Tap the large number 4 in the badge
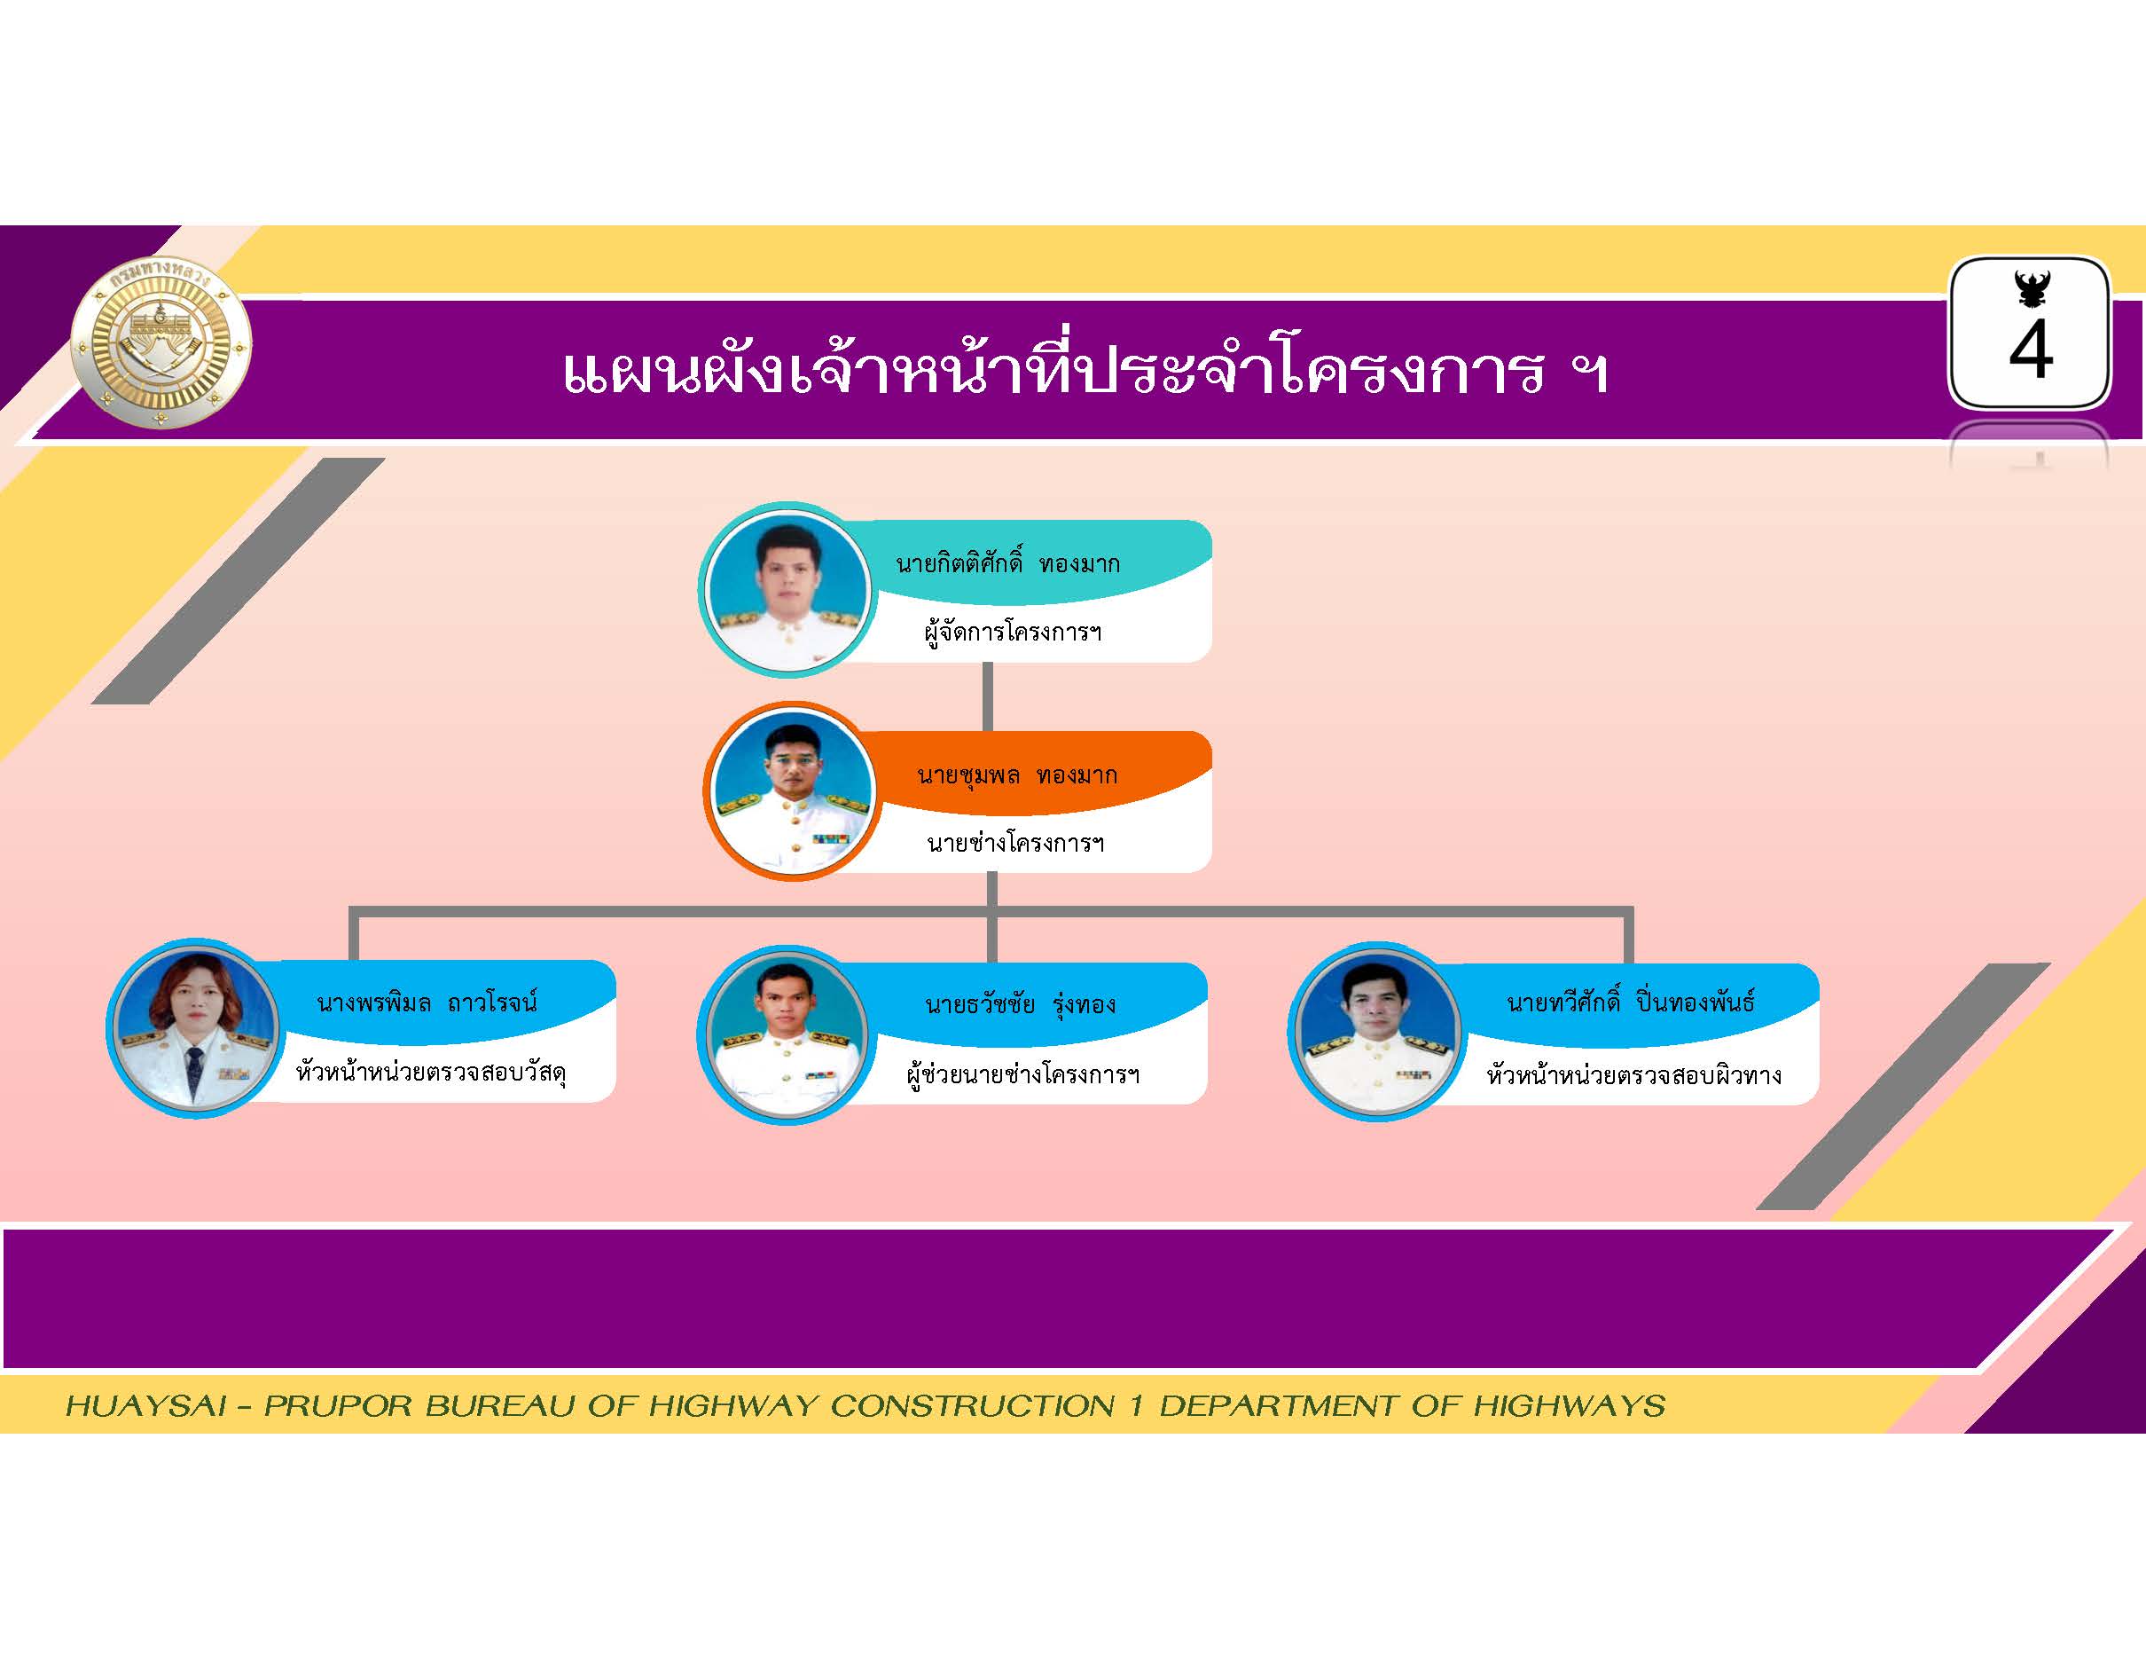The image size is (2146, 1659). coord(2030,350)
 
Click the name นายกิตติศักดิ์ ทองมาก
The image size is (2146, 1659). coord(1007,563)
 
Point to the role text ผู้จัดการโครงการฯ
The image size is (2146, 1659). coord(1012,631)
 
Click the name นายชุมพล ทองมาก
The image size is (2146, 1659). coord(1017,774)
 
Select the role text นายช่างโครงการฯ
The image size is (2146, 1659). coord(1015,842)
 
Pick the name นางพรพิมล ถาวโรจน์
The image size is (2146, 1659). coord(427,1002)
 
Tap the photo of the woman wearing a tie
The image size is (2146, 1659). coord(194,1028)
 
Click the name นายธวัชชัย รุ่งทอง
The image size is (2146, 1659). coord(1020,1004)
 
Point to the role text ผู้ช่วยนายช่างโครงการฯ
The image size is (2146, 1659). coord(1022,1073)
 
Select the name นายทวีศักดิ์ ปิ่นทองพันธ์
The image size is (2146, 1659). coord(1631,1002)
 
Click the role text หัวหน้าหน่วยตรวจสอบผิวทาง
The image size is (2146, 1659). coord(1633,1074)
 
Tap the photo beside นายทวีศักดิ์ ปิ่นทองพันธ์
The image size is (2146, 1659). coord(1376,1032)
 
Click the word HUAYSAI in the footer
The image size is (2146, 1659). coord(146,1405)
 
